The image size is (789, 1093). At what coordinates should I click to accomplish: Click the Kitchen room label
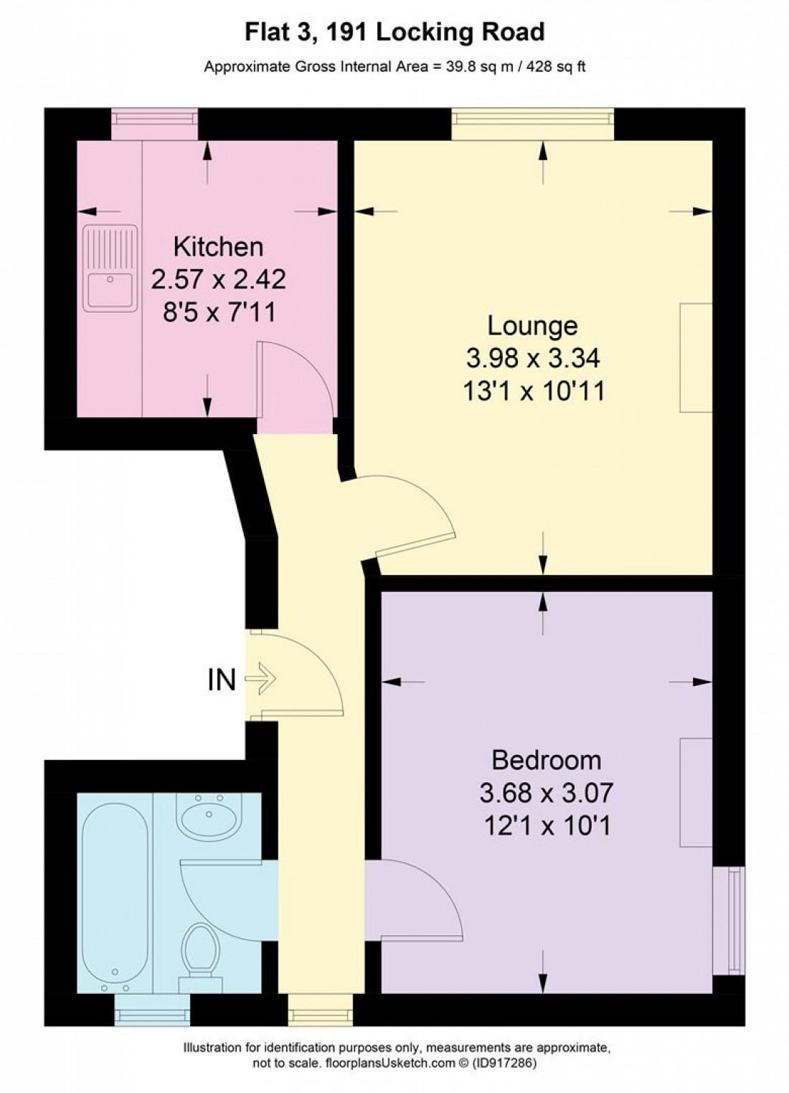click(x=218, y=247)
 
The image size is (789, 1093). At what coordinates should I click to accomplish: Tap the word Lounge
click(x=532, y=326)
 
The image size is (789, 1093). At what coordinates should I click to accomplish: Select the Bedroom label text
click(x=546, y=760)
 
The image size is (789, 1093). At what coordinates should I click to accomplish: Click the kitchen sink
click(x=110, y=268)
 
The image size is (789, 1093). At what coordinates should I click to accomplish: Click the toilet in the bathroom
click(x=199, y=954)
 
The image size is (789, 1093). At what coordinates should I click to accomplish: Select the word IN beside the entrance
click(x=222, y=679)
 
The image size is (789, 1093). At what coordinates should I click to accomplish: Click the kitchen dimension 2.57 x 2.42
click(x=218, y=279)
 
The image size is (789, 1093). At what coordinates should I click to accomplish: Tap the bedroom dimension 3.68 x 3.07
click(x=546, y=793)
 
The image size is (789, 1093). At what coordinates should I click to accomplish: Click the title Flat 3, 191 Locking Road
click(x=394, y=32)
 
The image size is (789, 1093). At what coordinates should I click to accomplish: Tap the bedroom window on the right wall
click(x=729, y=920)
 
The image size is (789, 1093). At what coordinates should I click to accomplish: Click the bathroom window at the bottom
click(x=152, y=1010)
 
